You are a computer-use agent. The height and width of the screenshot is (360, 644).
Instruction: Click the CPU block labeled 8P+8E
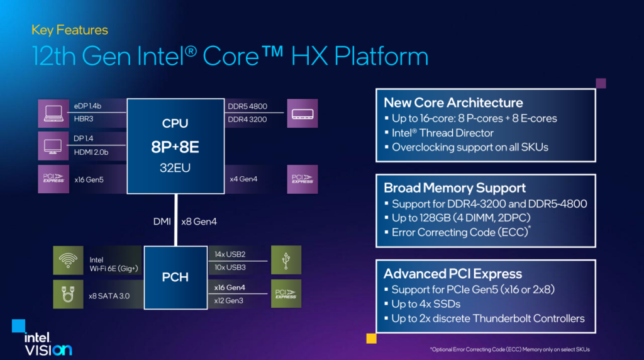pos(175,145)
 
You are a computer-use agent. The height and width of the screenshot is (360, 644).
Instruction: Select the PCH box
pos(175,276)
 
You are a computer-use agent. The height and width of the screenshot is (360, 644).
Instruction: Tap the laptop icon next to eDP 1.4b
pos(53,113)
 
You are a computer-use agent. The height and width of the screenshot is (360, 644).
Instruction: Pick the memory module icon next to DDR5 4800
pos(303,113)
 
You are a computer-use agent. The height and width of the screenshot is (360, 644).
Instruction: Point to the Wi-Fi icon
pos(69,261)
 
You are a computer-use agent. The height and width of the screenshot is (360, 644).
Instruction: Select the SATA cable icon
pos(69,293)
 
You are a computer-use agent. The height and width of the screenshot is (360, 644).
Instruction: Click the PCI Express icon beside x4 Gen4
pos(303,179)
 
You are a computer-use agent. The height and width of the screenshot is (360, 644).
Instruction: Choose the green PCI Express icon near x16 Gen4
pos(286,293)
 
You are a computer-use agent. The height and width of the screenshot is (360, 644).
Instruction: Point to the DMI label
pos(162,221)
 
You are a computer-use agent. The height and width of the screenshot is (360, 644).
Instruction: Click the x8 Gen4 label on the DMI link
pos(199,221)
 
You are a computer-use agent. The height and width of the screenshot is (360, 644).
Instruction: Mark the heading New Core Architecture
pos(453,103)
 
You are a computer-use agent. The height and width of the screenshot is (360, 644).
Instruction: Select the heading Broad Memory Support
pos(454,188)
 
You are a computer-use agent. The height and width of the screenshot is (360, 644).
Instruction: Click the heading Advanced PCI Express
pos(453,273)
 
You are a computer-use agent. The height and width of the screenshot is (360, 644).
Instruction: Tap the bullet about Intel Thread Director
pos(442,133)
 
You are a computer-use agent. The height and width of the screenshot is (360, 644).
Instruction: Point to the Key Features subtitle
pos(69,30)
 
